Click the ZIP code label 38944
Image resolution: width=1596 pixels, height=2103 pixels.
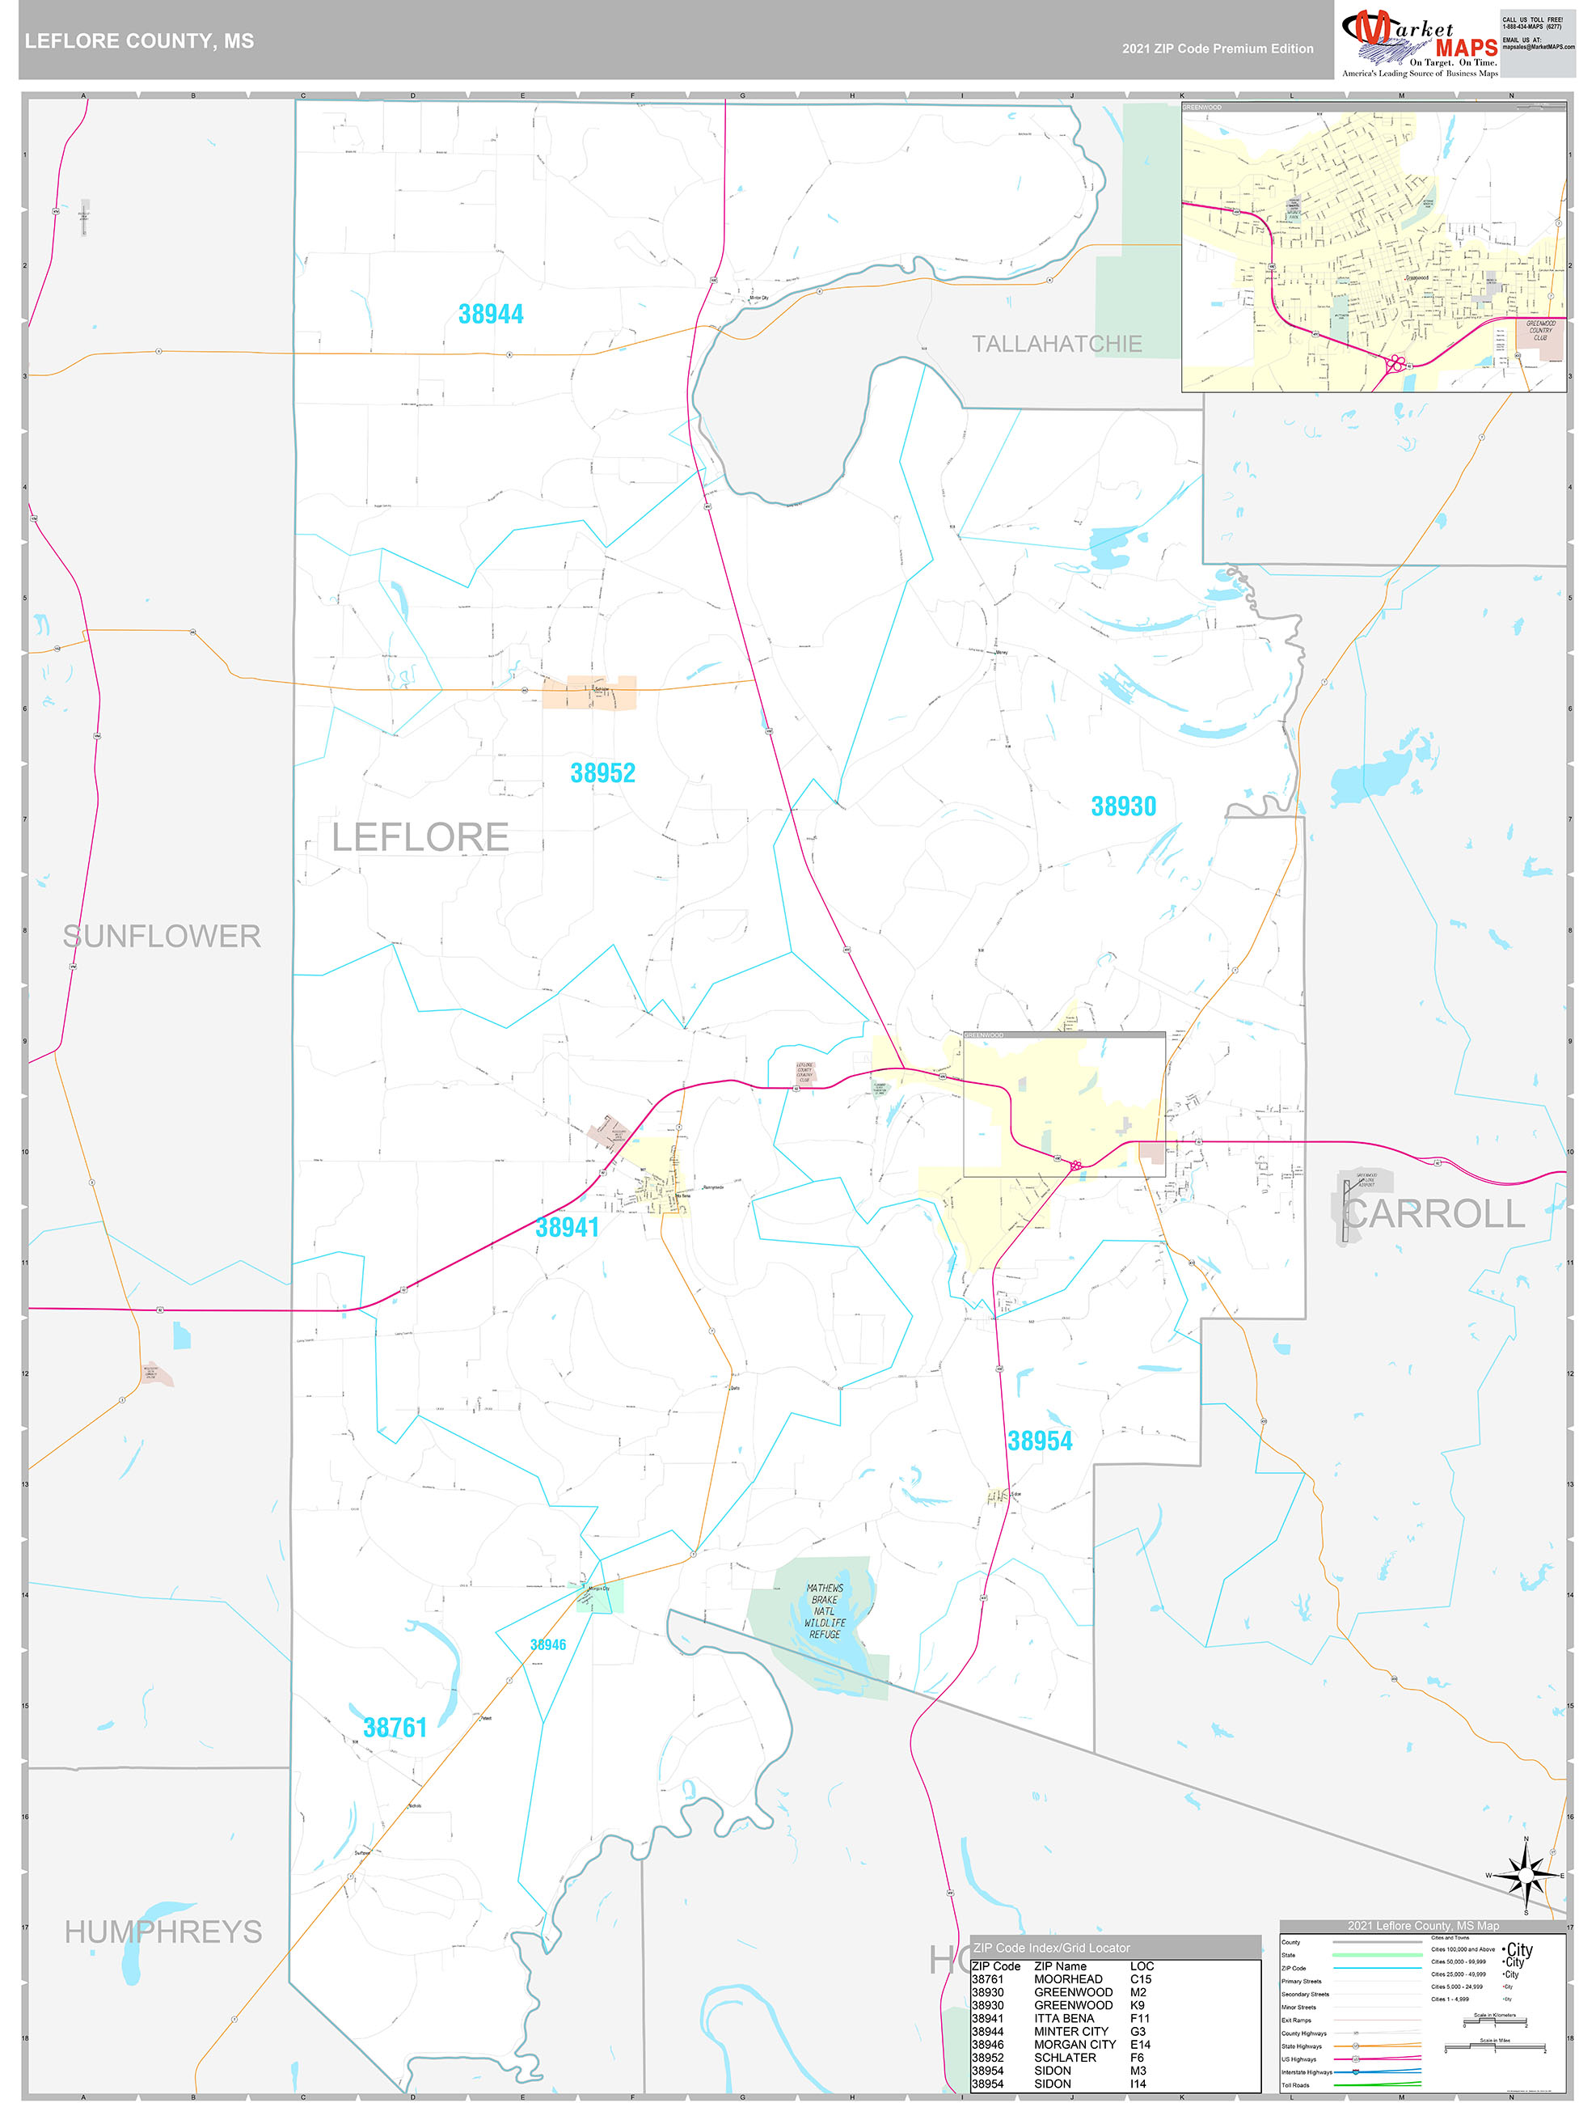point(491,315)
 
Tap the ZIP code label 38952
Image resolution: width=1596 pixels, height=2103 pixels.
point(602,773)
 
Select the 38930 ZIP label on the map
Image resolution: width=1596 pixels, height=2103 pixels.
point(1124,806)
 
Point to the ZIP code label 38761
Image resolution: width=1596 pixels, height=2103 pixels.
point(395,1728)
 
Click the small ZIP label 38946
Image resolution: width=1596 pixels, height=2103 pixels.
point(548,1644)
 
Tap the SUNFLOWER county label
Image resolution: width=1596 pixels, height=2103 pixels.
point(162,937)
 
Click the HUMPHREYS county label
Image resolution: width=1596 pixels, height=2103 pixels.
point(163,1932)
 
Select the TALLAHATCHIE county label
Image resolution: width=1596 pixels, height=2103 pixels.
point(1056,344)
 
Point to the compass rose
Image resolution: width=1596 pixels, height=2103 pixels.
point(1526,1876)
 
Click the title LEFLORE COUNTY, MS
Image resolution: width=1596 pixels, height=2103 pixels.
point(140,41)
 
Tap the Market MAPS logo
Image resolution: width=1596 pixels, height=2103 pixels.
point(1419,43)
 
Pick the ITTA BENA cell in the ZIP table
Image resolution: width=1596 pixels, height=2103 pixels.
point(1064,2018)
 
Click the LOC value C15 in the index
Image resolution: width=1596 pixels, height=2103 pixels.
point(1141,1979)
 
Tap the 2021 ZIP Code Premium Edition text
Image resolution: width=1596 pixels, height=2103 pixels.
point(1218,49)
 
